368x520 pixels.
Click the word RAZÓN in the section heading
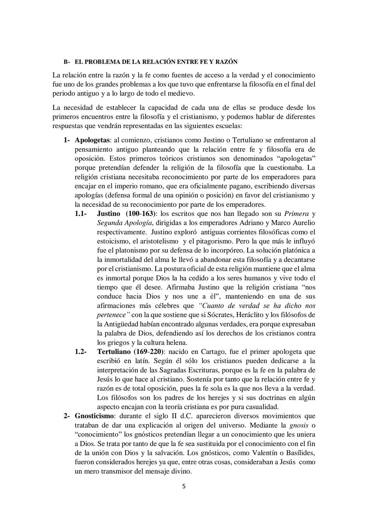(226, 62)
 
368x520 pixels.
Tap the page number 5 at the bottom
(184, 486)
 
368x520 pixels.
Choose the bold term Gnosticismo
(94, 416)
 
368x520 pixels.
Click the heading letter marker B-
(66, 62)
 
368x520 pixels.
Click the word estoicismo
(113, 241)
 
